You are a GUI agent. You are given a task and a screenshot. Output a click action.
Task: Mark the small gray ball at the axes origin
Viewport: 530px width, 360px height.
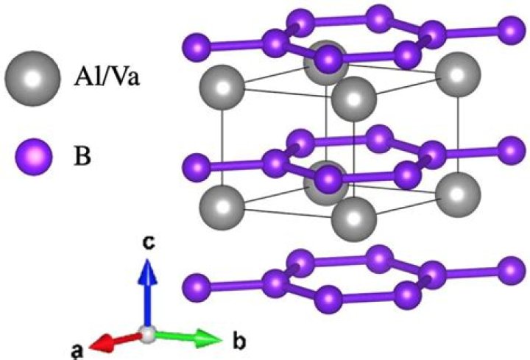click(148, 335)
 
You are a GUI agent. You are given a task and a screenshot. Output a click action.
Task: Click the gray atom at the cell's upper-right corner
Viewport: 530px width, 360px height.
click(458, 74)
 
